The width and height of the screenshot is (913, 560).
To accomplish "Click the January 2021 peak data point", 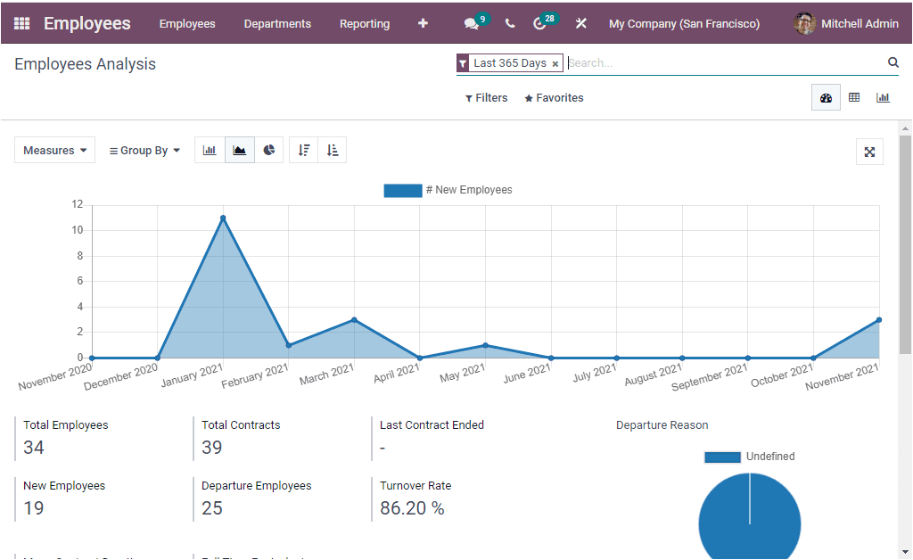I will [x=223, y=218].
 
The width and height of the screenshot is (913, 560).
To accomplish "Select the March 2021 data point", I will [x=354, y=319].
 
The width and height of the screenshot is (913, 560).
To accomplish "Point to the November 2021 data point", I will [x=878, y=319].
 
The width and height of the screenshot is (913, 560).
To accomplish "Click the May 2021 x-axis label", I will [x=463, y=372].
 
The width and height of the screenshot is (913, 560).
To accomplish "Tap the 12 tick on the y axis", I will [x=77, y=204].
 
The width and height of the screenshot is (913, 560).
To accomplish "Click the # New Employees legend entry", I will [x=448, y=190].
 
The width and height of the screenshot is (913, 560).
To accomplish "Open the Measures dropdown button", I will [x=55, y=151].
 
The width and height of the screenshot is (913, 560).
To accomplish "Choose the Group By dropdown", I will [x=144, y=151].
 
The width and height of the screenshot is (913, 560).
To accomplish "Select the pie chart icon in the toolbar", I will [x=269, y=151].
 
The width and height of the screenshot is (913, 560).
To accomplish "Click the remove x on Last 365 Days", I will [x=555, y=64].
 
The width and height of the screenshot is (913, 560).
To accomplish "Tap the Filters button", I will [x=487, y=98].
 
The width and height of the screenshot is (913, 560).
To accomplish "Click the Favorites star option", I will [x=554, y=98].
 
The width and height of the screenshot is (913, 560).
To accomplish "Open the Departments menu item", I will [x=277, y=24].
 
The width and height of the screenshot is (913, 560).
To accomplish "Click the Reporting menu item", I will [x=365, y=24].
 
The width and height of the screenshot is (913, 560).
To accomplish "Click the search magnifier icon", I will [x=893, y=62].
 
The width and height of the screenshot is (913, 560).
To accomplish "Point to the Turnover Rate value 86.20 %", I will [x=412, y=508].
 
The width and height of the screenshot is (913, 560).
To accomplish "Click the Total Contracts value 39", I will [x=212, y=448].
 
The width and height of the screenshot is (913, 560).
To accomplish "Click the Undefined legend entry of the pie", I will [x=749, y=457].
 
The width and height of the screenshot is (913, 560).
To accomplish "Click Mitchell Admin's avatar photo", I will [x=805, y=24].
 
